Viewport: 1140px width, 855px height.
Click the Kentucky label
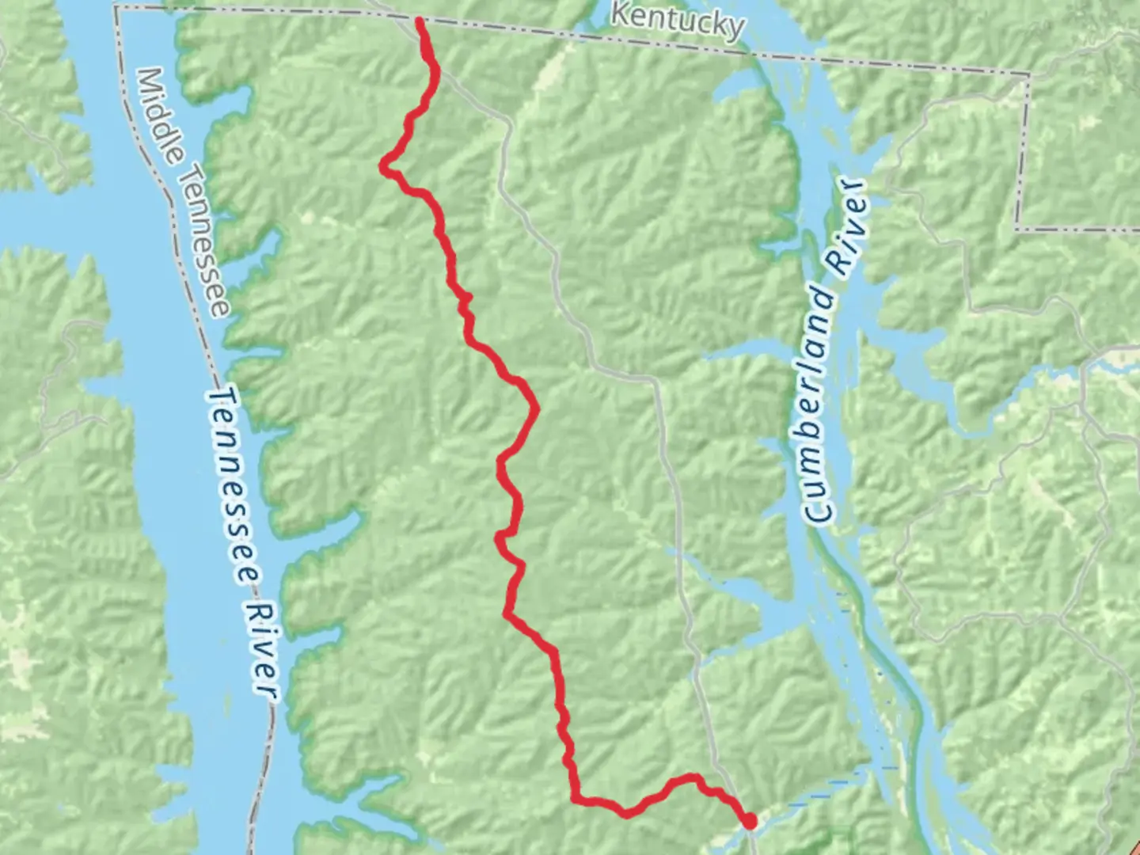click(678, 21)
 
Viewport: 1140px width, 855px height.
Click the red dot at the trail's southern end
click(749, 823)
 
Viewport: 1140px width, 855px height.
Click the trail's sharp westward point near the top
click(383, 166)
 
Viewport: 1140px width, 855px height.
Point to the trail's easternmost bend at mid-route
click(537, 409)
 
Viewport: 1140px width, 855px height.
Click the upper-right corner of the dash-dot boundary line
click(1029, 77)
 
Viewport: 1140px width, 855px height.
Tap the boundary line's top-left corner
click(116, 6)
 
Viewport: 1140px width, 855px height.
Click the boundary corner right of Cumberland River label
click(1018, 230)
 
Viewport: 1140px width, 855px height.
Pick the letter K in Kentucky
click(621, 14)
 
